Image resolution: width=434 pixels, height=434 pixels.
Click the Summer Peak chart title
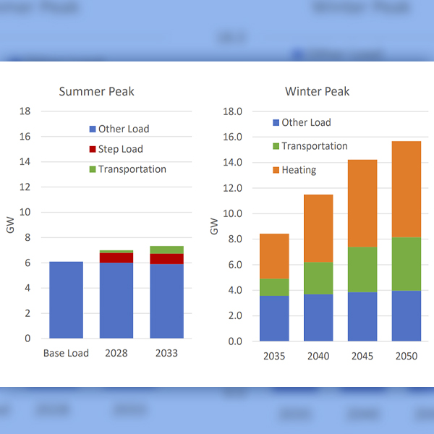[x=96, y=91]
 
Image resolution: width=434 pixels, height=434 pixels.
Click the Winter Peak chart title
[x=318, y=91]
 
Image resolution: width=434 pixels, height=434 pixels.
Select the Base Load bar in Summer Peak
[x=66, y=299]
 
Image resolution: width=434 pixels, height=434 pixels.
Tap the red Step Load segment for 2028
[x=116, y=258]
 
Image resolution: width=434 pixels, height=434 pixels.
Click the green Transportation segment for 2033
[x=166, y=250]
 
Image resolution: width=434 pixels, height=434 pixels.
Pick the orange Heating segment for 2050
[x=407, y=189]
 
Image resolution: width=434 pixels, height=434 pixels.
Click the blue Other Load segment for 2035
[x=274, y=318]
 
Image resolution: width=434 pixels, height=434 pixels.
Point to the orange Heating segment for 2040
[x=318, y=229]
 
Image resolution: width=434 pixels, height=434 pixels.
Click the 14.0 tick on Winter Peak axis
[x=233, y=163]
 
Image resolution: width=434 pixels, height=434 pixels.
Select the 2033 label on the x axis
[x=166, y=353]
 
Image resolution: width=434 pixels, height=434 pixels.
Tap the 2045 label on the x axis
[x=362, y=356]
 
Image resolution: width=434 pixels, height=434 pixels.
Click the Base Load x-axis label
[x=66, y=353]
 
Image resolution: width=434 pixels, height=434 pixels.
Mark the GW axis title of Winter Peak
[x=214, y=226]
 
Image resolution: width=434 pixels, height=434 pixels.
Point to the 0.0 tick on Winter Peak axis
[x=233, y=341]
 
